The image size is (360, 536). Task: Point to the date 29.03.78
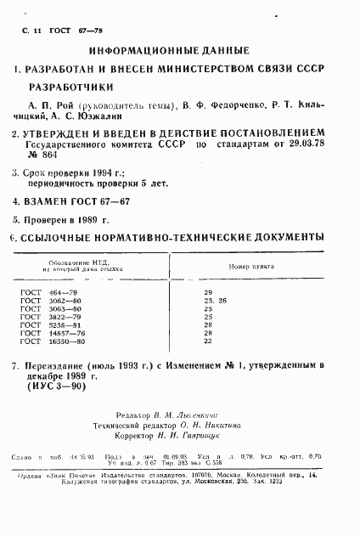tap(302, 145)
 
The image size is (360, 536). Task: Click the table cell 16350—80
tap(69, 341)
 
